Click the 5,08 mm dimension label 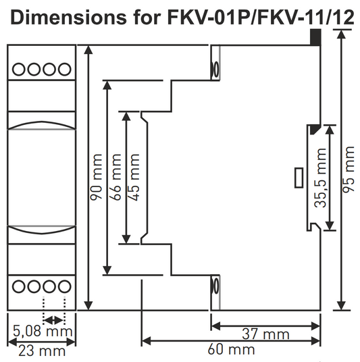point(43,332)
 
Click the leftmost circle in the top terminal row point(19,68)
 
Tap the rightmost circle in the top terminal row point(65,68)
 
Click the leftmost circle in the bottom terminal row point(19,286)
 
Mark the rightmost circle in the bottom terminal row point(65,286)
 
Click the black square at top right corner point(315,38)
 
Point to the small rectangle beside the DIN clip point(298,178)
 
